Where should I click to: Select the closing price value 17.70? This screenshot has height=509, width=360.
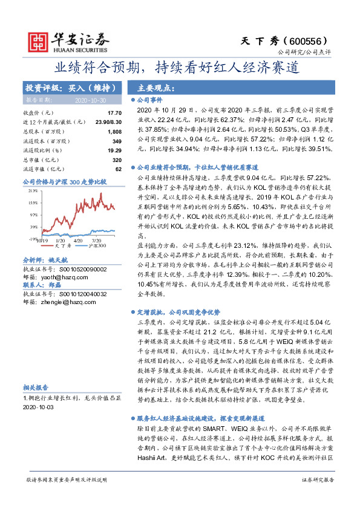click(x=114, y=113)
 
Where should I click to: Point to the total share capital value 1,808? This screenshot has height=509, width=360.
click(x=114, y=131)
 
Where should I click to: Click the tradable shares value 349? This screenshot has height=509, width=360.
click(x=117, y=141)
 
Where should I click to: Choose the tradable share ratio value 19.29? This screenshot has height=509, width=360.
click(x=114, y=150)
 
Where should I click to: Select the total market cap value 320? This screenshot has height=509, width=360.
click(x=117, y=160)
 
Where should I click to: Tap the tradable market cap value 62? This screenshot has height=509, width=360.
click(x=119, y=169)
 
